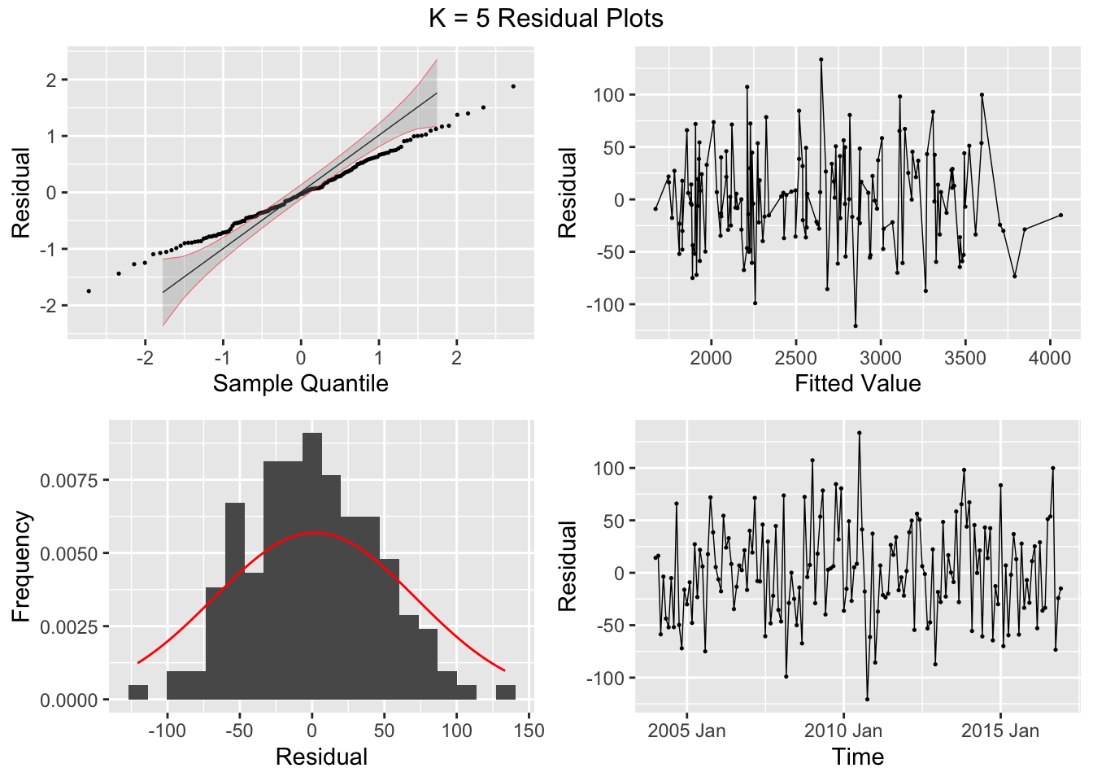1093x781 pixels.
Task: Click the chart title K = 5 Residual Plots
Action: pos(546,18)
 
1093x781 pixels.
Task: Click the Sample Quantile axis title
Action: pos(300,383)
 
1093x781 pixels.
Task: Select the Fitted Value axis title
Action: pos(857,383)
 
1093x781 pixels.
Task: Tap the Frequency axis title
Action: pos(21,566)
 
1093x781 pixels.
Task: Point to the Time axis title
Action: pos(857,757)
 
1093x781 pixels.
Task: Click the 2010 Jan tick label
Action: pos(843,731)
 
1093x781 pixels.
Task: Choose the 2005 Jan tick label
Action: pos(686,731)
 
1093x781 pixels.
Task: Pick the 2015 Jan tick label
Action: pos(999,731)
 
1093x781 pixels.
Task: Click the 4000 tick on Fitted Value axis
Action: pos(1050,358)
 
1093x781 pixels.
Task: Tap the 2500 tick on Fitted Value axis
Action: pos(795,358)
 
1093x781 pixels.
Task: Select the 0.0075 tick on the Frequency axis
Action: pos(69,481)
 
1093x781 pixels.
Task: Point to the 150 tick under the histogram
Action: pos(529,731)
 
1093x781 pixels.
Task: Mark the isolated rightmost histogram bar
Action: pos(506,692)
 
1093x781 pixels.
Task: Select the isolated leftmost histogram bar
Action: pos(138,692)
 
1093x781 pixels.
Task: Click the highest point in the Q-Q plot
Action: pos(513,86)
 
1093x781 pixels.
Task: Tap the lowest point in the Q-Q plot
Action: pos(89,290)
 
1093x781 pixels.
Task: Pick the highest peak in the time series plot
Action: pos(859,433)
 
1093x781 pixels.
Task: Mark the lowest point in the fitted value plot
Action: pos(856,325)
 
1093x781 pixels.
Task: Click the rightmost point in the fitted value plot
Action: pos(1060,215)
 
